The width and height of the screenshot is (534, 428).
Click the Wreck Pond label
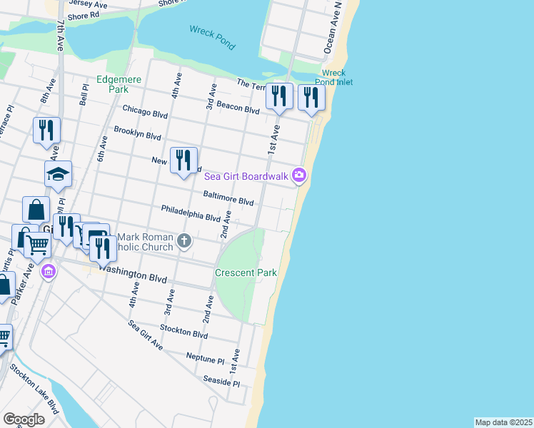[212, 37]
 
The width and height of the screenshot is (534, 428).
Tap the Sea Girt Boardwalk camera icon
[299, 175]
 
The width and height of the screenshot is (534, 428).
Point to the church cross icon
[184, 240]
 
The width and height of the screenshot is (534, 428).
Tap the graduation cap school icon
[59, 173]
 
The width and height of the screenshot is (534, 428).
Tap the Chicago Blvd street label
[145, 111]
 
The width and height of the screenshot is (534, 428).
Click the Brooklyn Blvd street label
[137, 133]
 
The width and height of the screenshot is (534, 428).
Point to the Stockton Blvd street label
[184, 332]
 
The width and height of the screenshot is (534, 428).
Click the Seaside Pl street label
[221, 382]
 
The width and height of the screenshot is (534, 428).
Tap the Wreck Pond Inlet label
[333, 77]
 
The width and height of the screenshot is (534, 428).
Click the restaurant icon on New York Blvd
[183, 159]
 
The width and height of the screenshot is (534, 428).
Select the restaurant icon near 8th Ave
[46, 131]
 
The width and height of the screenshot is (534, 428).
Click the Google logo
[24, 419]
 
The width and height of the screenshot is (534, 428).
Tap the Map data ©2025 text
[503, 422]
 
